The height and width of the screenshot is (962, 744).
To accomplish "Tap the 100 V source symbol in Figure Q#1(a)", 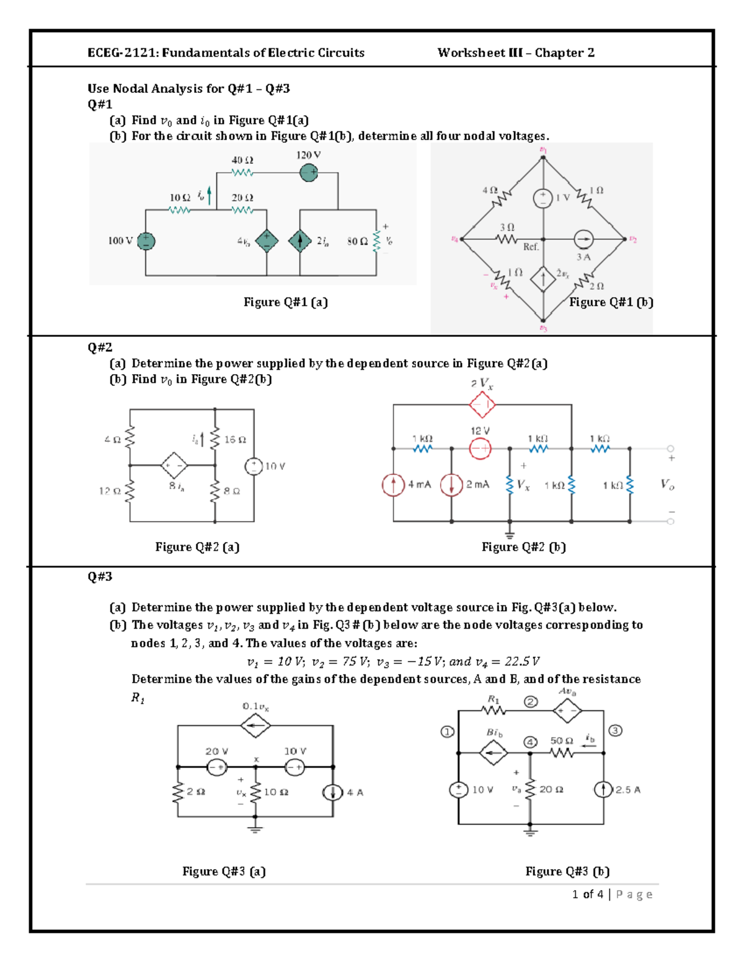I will pyautogui.click(x=146, y=241).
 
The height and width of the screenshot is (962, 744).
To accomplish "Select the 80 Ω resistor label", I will pyautogui.click(x=357, y=241).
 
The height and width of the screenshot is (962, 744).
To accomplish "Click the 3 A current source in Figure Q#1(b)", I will pyautogui.click(x=583, y=238).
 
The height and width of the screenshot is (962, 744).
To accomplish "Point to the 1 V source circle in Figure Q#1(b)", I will pyautogui.click(x=542, y=198).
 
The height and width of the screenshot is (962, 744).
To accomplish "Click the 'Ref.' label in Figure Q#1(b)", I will pyautogui.click(x=531, y=247).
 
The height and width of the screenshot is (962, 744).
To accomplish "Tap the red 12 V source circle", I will pyautogui.click(x=480, y=448).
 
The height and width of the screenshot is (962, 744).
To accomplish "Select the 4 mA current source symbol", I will pyautogui.click(x=393, y=484).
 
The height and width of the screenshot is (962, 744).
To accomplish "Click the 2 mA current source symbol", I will pyautogui.click(x=451, y=484).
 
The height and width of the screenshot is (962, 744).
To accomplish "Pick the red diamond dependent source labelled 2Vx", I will pyautogui.click(x=482, y=405).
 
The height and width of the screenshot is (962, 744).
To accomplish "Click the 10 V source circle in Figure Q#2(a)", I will pyautogui.click(x=254, y=466).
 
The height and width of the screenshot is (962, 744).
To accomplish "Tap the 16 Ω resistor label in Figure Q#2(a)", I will pyautogui.click(x=235, y=439).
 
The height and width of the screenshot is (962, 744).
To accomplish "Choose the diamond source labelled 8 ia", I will pyautogui.click(x=174, y=465).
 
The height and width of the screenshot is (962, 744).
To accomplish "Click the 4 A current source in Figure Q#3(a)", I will pyautogui.click(x=333, y=792).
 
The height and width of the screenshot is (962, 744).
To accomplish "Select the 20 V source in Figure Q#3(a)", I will pyautogui.click(x=216, y=767).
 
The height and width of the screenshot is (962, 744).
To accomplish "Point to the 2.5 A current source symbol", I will pyautogui.click(x=603, y=790).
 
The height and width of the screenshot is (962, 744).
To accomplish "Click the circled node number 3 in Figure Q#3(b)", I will pyautogui.click(x=615, y=730).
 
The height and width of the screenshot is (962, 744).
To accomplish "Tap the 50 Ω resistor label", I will pyautogui.click(x=561, y=740).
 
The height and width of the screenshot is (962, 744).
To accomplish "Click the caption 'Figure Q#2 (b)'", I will pyautogui.click(x=523, y=546).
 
